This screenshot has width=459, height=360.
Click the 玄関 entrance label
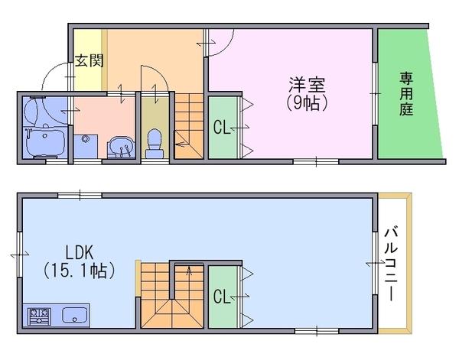[x=90, y=60]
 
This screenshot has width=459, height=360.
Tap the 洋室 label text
[x=307, y=85]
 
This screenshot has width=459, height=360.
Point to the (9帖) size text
[x=307, y=103]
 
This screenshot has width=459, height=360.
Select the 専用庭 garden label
[x=407, y=93]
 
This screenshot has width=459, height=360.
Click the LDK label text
[x=79, y=253]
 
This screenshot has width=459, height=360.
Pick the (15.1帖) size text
[x=79, y=271]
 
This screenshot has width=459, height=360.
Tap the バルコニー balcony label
[x=392, y=264]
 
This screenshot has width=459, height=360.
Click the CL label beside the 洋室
[x=222, y=128]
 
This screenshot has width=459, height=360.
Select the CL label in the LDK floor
[x=222, y=297]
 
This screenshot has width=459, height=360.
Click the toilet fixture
[x=155, y=144]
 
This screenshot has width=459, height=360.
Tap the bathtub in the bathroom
[x=45, y=142]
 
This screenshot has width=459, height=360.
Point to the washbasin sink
[x=121, y=146]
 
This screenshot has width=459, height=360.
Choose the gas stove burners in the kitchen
[x=39, y=316]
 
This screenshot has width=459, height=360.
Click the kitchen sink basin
[x=75, y=315]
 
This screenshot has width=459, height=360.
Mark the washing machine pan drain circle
[x=85, y=139]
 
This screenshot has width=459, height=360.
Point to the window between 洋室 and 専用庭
[x=375, y=93]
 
